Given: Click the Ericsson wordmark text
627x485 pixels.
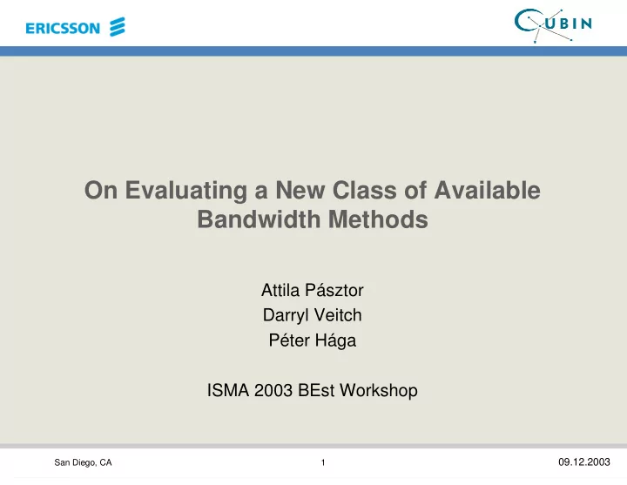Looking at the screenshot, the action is (x=63, y=28).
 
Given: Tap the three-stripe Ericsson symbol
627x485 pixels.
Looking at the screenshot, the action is (x=118, y=27).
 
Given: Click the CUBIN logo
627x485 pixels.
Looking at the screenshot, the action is (x=554, y=25).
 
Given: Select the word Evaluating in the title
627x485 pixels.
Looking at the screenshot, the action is (x=186, y=191).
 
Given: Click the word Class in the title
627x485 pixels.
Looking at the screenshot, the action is (x=365, y=190).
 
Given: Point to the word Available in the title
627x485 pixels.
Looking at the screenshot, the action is (x=488, y=190).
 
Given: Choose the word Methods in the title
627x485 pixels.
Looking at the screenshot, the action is (x=378, y=219).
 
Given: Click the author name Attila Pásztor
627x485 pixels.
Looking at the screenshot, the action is (x=313, y=290).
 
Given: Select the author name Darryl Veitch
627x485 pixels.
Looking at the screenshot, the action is (x=313, y=315).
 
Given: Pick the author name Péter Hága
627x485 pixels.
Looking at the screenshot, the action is (x=313, y=340).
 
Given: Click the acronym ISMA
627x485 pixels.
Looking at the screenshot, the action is (x=228, y=390).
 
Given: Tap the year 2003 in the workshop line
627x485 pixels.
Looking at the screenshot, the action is (x=273, y=390).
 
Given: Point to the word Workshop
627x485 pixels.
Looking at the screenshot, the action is (x=379, y=391).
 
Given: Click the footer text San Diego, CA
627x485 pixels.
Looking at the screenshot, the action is (x=84, y=462).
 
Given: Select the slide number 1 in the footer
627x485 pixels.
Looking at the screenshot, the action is (x=323, y=462).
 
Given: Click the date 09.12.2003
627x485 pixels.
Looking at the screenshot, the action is (x=584, y=462).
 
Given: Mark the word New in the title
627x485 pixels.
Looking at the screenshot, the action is (x=300, y=190).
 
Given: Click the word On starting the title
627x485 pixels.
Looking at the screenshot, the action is (x=101, y=190).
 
